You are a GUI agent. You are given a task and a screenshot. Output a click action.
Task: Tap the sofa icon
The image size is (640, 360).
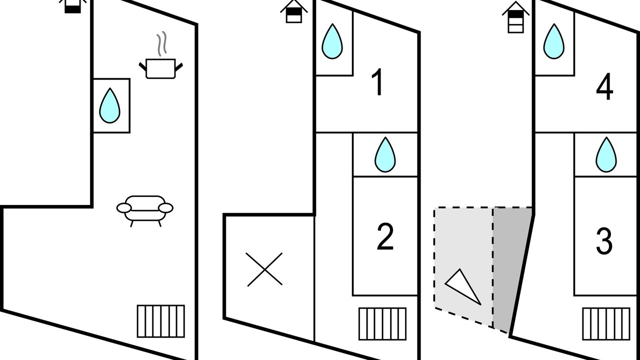click(x=145, y=209)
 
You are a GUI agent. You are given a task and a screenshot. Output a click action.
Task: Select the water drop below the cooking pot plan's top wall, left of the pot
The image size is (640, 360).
click(x=109, y=105)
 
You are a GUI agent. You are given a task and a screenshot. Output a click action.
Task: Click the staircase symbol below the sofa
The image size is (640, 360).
click(x=161, y=321)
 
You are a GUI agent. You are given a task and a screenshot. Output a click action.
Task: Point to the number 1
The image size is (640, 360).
click(x=378, y=83)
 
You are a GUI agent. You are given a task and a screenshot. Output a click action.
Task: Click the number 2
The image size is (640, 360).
click(x=385, y=237)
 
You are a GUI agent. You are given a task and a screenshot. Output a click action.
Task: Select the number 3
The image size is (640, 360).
click(x=604, y=241)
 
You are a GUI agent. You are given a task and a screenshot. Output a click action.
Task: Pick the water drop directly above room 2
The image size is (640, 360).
click(x=385, y=154)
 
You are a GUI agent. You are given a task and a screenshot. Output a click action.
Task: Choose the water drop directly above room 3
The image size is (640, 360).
click(x=606, y=154)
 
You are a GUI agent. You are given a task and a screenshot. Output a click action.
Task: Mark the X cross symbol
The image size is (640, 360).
click(x=264, y=269)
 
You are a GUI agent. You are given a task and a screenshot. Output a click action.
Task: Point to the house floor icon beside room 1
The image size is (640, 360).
click(x=294, y=11)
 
